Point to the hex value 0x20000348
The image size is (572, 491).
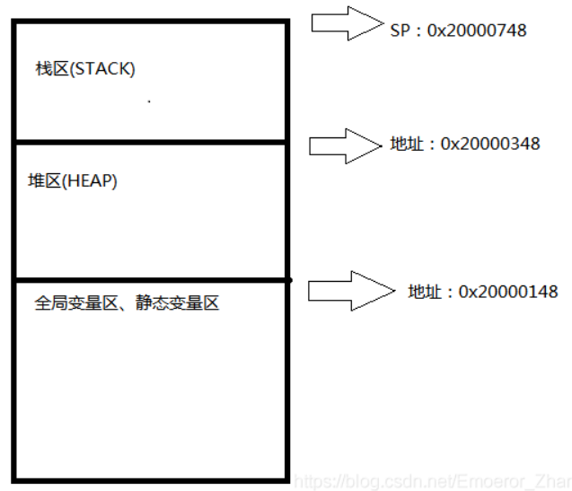tap(490, 144)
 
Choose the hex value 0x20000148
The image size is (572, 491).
tap(508, 292)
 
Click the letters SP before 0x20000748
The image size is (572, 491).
tap(399, 31)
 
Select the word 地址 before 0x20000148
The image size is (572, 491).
tap(422, 292)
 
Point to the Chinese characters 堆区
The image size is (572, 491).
tap(43, 180)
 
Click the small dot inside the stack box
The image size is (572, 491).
tap(148, 101)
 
